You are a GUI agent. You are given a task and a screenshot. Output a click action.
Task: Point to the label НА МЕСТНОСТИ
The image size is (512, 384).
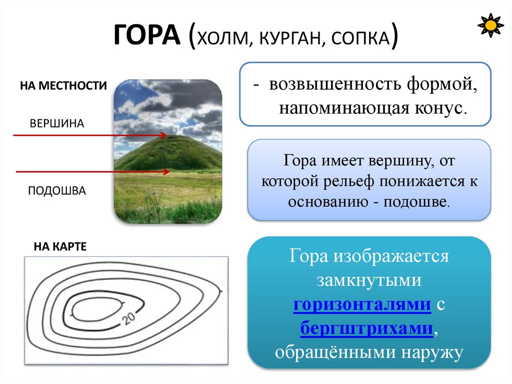coord(63,86)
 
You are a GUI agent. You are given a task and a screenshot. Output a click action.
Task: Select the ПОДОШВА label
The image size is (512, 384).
coord(57,191)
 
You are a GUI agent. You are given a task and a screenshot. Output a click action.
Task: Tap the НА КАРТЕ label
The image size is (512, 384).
coord(60,246)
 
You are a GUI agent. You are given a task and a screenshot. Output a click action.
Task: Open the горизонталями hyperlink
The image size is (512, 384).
coord(362,305)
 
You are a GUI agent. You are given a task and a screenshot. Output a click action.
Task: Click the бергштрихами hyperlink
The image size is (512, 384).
coord(367,328)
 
